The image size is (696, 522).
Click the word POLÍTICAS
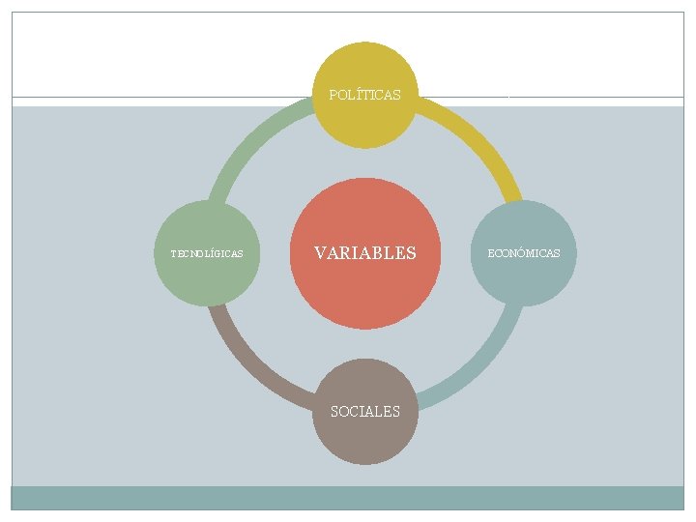point(364,95)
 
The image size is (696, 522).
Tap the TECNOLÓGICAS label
point(207,254)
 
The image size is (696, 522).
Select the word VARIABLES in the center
point(364,253)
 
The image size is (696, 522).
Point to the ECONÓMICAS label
point(523,253)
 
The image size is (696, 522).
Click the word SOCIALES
point(364,412)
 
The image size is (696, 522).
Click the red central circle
point(364,290)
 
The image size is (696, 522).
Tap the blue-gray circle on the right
point(523,280)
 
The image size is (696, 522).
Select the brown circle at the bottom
point(364,440)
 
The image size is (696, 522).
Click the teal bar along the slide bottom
point(348,497)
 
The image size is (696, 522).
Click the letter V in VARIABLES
point(320,253)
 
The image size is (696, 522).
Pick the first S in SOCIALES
point(334,412)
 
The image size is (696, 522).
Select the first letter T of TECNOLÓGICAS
point(173,254)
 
